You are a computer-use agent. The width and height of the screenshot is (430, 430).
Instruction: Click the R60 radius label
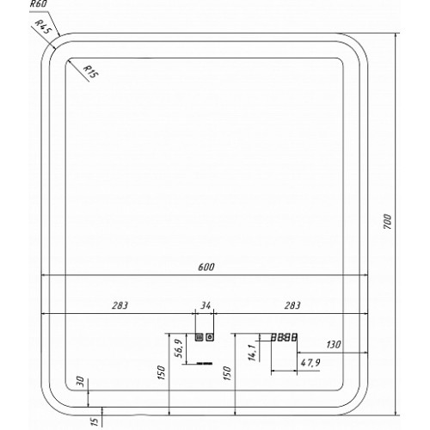coord(39,4)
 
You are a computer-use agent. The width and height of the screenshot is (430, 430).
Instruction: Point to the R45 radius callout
coord(43,28)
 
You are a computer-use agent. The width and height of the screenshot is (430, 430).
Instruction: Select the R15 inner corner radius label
coord(90,71)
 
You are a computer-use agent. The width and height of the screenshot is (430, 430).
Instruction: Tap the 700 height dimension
coord(387,221)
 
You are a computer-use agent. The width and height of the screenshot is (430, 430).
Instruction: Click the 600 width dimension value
coord(206,267)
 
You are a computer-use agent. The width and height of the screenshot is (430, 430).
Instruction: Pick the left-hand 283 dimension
coord(120,305)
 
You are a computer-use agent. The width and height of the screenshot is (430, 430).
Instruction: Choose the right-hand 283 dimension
coord(292,305)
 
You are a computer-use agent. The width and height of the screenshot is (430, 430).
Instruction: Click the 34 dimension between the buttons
coord(206,305)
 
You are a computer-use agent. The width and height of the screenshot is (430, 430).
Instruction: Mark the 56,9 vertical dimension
coord(179,348)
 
